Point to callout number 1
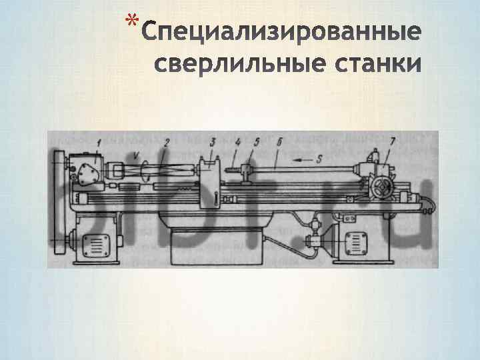[99, 141]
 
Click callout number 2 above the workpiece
[167, 141]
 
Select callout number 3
[213, 141]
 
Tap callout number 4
[237, 141]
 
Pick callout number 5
[257, 141]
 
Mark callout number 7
[393, 141]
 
